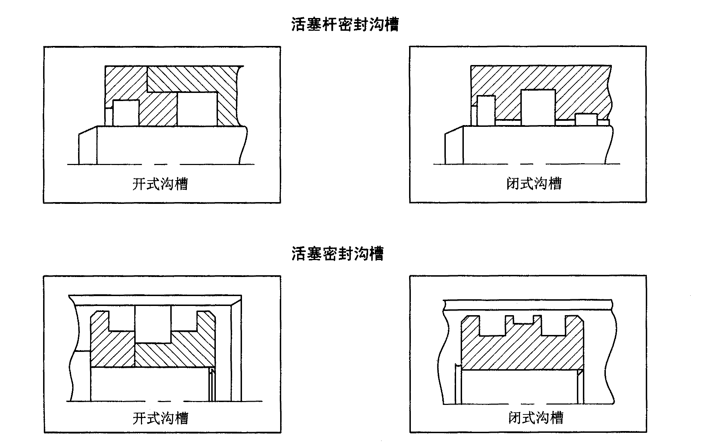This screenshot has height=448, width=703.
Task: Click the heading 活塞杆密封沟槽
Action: [345, 25]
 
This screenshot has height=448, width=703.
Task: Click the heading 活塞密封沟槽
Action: [337, 253]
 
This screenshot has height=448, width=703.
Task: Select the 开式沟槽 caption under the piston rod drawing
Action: [160, 184]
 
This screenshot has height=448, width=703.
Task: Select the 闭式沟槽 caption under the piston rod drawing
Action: [533, 183]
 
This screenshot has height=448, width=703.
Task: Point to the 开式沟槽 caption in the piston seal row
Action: [160, 418]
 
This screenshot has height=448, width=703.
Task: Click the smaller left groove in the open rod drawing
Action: [126, 113]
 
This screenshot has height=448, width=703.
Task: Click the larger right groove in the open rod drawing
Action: [197, 109]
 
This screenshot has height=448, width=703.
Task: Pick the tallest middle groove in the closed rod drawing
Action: [538, 107]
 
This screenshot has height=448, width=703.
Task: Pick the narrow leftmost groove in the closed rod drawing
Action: [486, 110]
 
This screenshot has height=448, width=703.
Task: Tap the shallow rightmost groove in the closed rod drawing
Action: [586, 120]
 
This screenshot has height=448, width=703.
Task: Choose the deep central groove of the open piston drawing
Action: [153, 324]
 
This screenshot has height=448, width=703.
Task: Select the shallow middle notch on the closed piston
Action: [523, 320]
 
